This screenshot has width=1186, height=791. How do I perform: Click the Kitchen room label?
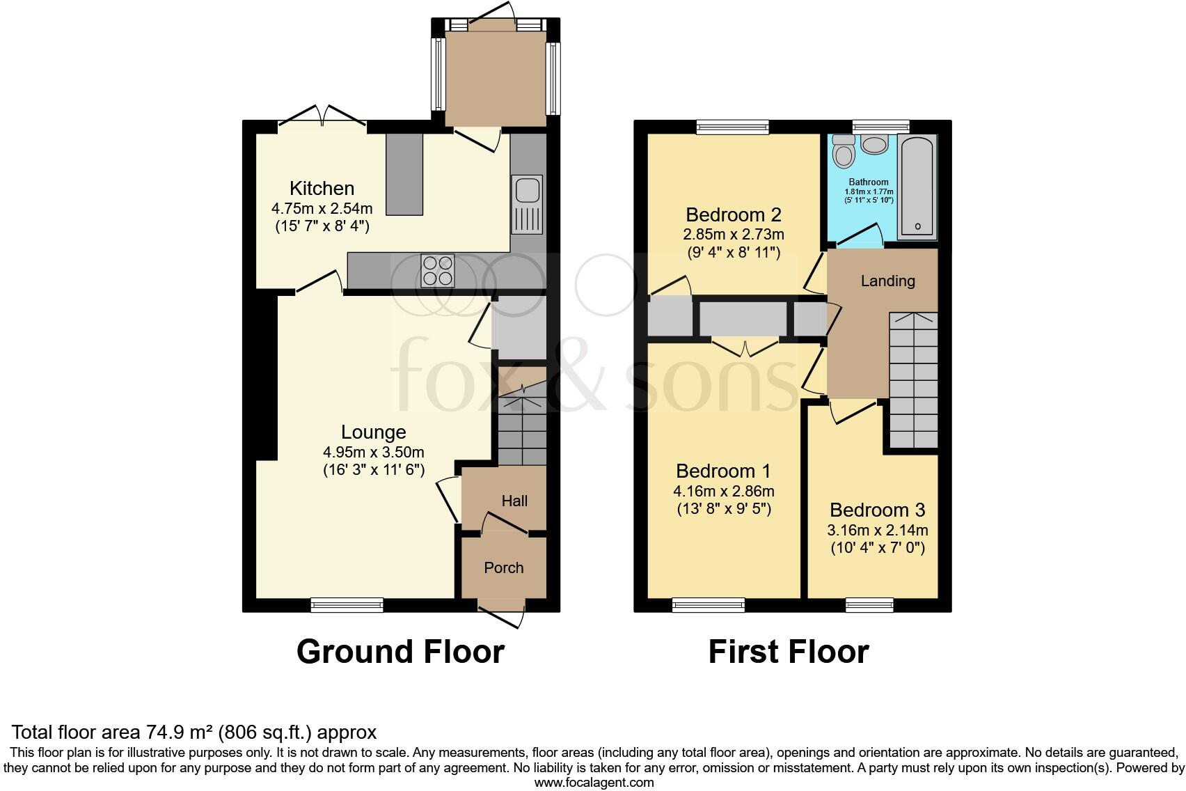(322, 188)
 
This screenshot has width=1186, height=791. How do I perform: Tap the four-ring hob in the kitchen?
(438, 271)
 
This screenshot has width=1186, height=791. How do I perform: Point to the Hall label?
(514, 501)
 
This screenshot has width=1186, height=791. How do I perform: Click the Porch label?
(503, 567)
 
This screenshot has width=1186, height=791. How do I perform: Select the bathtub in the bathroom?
(917, 187)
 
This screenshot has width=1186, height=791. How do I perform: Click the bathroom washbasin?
(874, 143)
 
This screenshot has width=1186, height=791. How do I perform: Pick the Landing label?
(887, 281)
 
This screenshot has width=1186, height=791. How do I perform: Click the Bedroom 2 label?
(733, 214)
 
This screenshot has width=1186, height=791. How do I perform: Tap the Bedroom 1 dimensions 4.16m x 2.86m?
(723, 492)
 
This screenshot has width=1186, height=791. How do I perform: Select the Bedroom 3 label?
(877, 510)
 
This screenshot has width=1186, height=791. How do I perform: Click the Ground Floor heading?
(400, 652)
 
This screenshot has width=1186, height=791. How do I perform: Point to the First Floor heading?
(789, 652)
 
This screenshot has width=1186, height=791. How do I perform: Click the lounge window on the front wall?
(347, 605)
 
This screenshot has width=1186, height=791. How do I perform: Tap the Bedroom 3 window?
(869, 605)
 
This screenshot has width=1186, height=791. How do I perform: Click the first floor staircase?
(913, 380)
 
